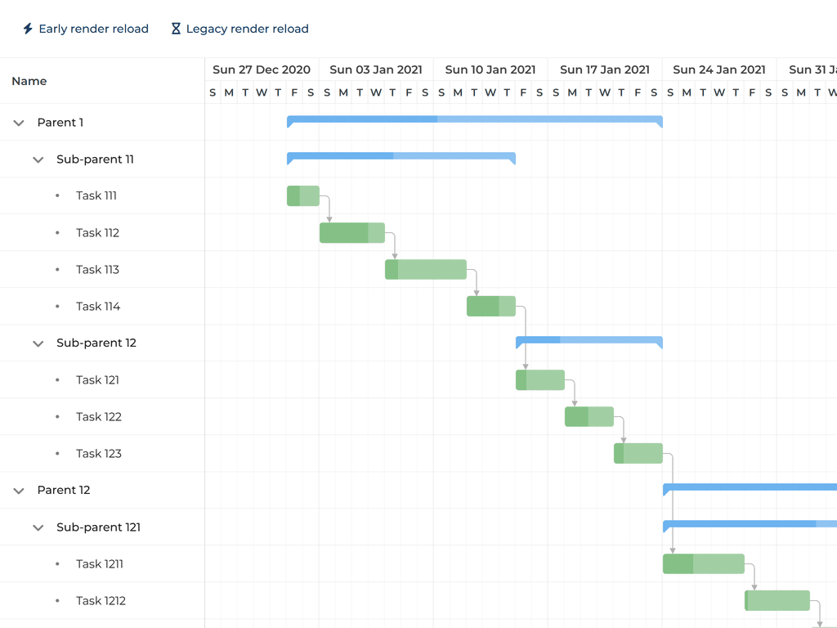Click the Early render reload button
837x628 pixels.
[86, 29]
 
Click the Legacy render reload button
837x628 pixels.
[239, 29]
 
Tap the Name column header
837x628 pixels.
[29, 81]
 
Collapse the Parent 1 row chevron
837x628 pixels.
[19, 123]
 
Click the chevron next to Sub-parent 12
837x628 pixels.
[38, 343]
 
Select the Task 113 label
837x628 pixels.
[97, 270]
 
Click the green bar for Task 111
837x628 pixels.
[303, 196]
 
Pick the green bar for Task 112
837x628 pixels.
[351, 233]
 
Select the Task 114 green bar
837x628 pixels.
[490, 307]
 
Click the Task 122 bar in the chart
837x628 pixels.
[589, 417]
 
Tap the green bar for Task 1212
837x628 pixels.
[777, 601]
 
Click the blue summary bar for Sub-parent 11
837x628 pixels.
[401, 156]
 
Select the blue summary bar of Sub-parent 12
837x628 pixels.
[589, 340]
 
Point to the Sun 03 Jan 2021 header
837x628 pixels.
[376, 70]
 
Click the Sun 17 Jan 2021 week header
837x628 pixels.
[605, 70]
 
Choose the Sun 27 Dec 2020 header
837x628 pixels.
[262, 70]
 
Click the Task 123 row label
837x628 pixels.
[99, 454]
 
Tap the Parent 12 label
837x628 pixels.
[64, 491]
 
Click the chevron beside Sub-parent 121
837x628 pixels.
[38, 527]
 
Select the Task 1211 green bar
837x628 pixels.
[703, 564]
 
